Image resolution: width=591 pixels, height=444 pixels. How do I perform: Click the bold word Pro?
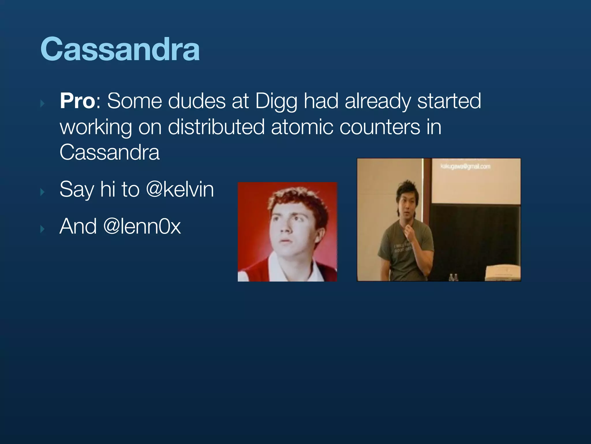pos(77,101)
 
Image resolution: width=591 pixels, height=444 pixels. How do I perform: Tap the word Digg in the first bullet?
pos(276,101)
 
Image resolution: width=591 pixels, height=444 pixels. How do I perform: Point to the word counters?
pos(380,127)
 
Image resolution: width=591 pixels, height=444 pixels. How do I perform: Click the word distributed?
pos(216,127)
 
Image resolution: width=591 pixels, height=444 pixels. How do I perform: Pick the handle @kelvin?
pos(180,189)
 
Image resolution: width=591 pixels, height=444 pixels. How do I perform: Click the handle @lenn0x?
pos(142,226)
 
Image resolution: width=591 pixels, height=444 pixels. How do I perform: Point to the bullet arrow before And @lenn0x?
pos(43,229)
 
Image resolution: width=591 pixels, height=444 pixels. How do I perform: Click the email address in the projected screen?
pos(465,166)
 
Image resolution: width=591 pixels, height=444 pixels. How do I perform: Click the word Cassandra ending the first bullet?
pos(110,152)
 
